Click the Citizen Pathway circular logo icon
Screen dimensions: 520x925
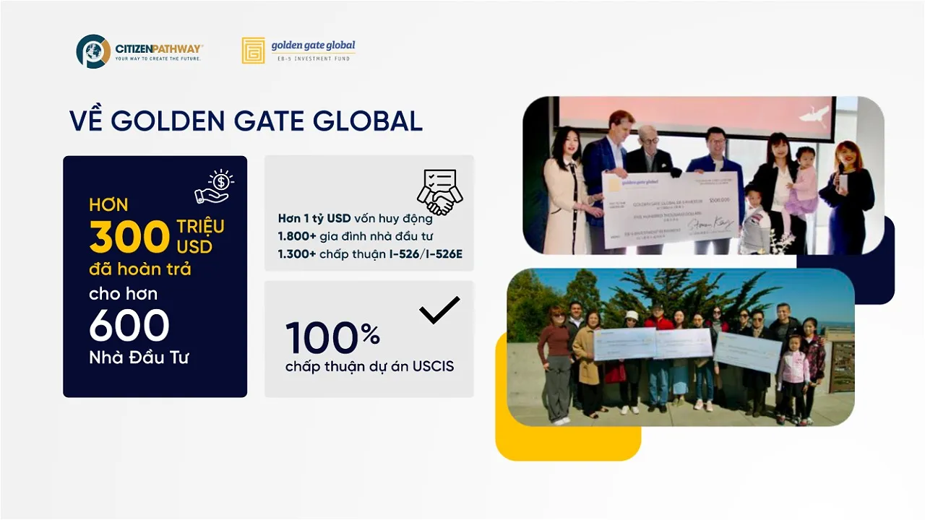pyautogui.click(x=93, y=51)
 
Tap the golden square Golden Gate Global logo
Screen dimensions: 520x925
pyautogui.click(x=253, y=51)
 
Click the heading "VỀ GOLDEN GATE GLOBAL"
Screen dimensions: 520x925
pyautogui.click(x=246, y=121)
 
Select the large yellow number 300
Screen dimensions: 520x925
pyautogui.click(x=129, y=237)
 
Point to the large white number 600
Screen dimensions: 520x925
pyautogui.click(x=129, y=326)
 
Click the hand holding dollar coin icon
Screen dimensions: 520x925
pyautogui.click(x=214, y=186)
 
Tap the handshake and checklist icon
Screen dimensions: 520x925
pyautogui.click(x=439, y=192)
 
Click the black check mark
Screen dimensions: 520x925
pyautogui.click(x=439, y=309)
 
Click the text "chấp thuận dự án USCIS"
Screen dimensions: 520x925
pyautogui.click(x=369, y=366)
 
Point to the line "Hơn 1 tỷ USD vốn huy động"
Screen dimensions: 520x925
pyautogui.click(x=355, y=218)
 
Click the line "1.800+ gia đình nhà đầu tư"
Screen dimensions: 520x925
pyautogui.click(x=355, y=235)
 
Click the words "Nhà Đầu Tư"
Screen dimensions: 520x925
pyautogui.click(x=139, y=357)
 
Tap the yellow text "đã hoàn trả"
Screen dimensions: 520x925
pyautogui.click(x=140, y=269)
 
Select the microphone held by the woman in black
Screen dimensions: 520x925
pyautogui.click(x=840, y=181)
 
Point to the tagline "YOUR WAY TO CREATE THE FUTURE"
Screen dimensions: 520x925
pyautogui.click(x=158, y=58)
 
